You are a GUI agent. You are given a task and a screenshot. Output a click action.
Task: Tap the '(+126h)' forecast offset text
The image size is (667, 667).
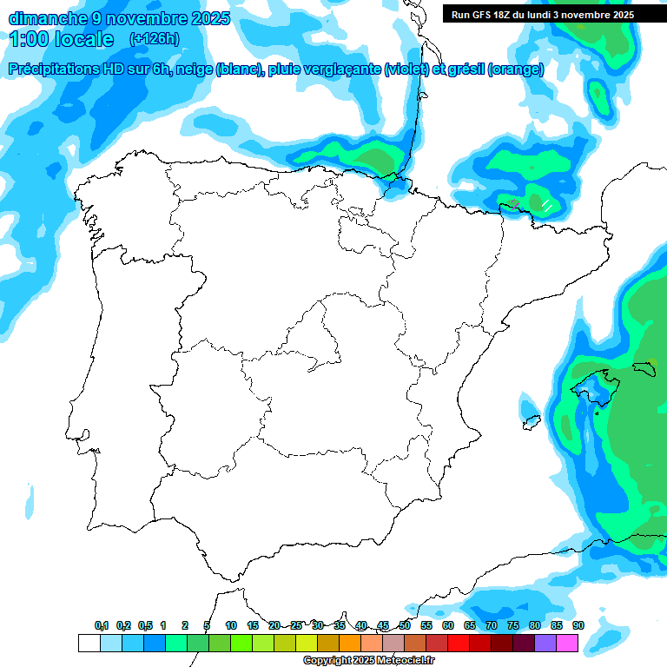(154, 39)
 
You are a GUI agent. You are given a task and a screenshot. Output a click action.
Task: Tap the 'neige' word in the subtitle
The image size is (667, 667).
(193, 69)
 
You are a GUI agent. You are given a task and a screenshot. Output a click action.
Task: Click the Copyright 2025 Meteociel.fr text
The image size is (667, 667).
(368, 661)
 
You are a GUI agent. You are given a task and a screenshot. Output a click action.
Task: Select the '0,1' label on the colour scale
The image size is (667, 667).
(102, 626)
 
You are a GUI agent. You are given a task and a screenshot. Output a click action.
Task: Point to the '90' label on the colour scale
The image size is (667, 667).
(578, 626)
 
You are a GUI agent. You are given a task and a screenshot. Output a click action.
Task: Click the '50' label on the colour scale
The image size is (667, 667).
(405, 626)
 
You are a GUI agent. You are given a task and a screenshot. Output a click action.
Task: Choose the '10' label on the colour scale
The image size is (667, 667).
(231, 626)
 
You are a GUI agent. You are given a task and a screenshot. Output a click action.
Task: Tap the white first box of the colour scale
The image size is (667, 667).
(89, 643)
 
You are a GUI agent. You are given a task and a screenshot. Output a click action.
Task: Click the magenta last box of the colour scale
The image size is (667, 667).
(567, 643)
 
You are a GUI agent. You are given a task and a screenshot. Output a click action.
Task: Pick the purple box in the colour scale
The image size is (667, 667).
(545, 643)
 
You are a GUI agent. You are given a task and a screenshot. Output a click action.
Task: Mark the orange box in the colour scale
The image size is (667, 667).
(350, 643)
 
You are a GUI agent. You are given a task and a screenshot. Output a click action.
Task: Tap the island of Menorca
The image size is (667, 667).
(645, 366)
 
